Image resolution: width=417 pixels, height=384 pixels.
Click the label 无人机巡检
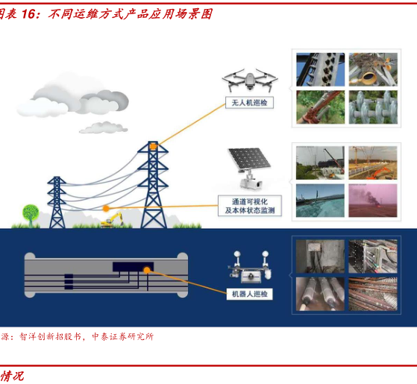pos(249,103)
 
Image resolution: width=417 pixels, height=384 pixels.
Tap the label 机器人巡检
pos(249,294)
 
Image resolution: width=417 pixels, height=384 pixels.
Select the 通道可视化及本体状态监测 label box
pos(250,206)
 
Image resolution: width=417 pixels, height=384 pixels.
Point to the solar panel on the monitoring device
pos(249,159)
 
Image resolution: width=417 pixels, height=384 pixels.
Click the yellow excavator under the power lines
pos(112,220)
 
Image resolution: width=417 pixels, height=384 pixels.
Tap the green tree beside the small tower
pos(31,215)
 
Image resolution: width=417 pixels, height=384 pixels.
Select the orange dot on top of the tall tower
pos(154,146)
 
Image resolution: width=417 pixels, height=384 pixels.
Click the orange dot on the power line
pos(106,208)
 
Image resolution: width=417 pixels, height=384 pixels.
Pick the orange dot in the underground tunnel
pos(147,270)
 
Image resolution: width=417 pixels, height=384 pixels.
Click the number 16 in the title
pos(28,14)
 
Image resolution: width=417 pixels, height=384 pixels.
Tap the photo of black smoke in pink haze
pos(373,201)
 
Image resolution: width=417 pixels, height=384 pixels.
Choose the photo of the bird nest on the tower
pos(373,69)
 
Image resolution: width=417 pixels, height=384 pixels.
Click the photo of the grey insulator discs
pos(373,107)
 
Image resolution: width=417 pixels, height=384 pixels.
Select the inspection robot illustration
pos(250,267)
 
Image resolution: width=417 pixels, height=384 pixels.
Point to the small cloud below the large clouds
pos(104,128)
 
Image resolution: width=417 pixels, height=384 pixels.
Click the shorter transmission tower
pos(57,202)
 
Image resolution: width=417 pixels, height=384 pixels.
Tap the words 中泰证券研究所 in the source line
pos(122,337)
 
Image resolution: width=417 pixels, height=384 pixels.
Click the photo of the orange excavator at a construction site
pos(373,163)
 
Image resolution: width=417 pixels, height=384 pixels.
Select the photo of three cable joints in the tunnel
pos(320,294)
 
